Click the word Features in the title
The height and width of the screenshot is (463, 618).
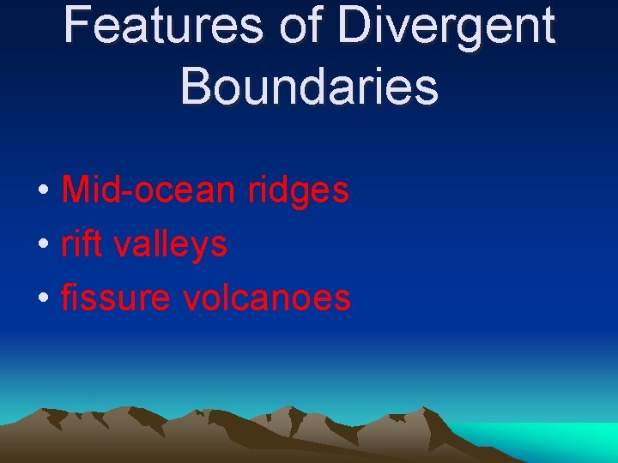pos(162,26)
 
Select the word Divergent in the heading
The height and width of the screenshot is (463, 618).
pos(445,26)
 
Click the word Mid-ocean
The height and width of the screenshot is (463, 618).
pos(148,190)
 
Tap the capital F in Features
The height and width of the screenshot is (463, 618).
pos(76,26)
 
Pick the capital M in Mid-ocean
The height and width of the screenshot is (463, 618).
pos(76,190)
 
